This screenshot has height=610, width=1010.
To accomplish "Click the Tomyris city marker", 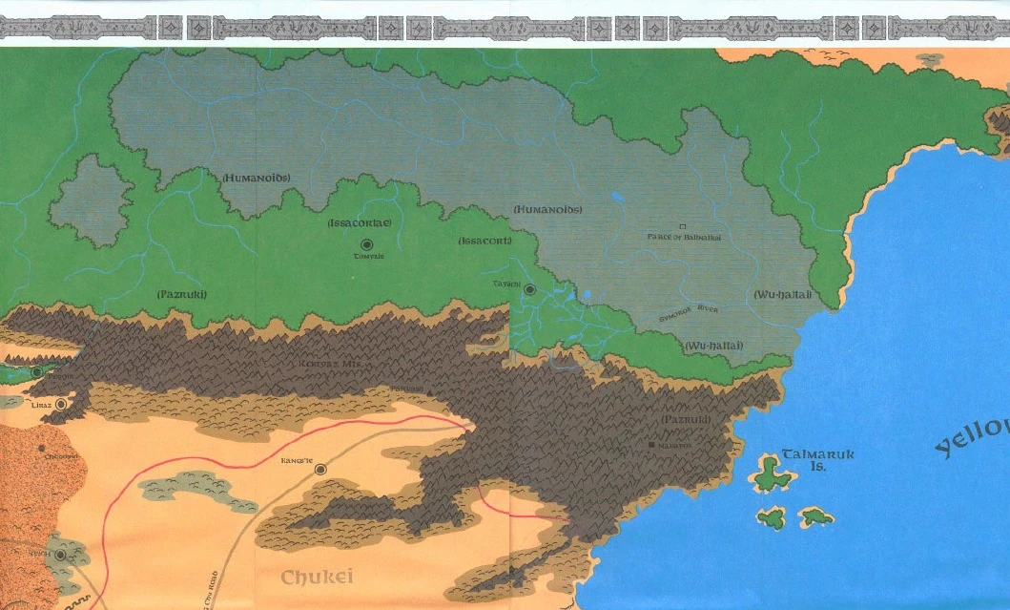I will (367, 245).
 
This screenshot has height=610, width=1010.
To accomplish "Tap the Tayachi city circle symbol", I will (529, 289).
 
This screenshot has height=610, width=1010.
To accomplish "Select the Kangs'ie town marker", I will (320, 469).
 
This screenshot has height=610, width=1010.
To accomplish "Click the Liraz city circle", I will (62, 405).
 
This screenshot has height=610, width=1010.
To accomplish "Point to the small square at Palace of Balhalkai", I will (682, 226).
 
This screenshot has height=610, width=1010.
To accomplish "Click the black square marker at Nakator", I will (652, 445).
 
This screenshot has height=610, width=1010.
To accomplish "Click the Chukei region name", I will (317, 577).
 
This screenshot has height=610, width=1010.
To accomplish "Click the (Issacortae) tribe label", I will (359, 222).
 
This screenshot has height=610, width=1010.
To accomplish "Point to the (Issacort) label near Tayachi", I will (484, 241).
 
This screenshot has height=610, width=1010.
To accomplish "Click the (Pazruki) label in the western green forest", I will (181, 294).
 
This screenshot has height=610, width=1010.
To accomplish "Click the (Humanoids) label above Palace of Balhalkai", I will (546, 209).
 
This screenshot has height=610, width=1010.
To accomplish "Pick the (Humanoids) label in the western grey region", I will (256, 179).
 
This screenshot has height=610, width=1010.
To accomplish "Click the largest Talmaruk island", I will (772, 471).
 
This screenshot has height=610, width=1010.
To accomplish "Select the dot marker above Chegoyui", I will (42, 447).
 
